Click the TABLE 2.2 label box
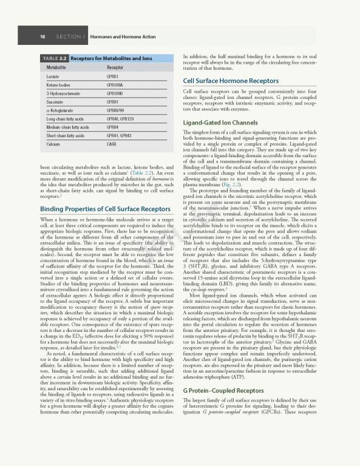pos(54,58)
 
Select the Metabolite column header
pos(57,67)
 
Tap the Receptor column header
pos(115,67)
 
